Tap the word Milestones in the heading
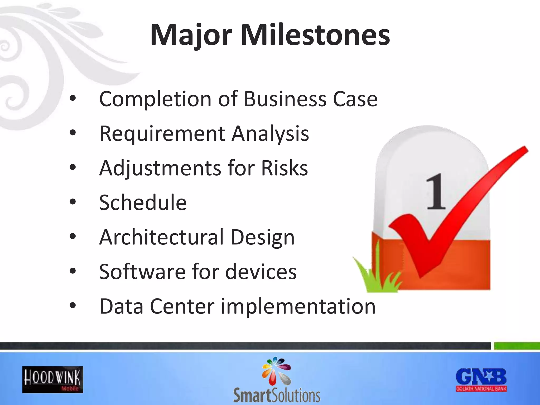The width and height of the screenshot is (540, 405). [315, 35]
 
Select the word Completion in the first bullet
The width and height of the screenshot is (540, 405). [155, 99]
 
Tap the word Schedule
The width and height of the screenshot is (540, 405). [143, 203]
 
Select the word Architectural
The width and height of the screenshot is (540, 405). [161, 237]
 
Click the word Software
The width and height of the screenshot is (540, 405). [142, 272]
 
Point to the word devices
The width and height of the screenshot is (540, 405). [261, 272]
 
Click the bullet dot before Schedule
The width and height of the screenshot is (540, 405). [73, 202]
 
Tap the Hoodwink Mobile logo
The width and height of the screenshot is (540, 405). [53, 380]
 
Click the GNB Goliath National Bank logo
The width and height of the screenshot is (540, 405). [481, 380]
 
